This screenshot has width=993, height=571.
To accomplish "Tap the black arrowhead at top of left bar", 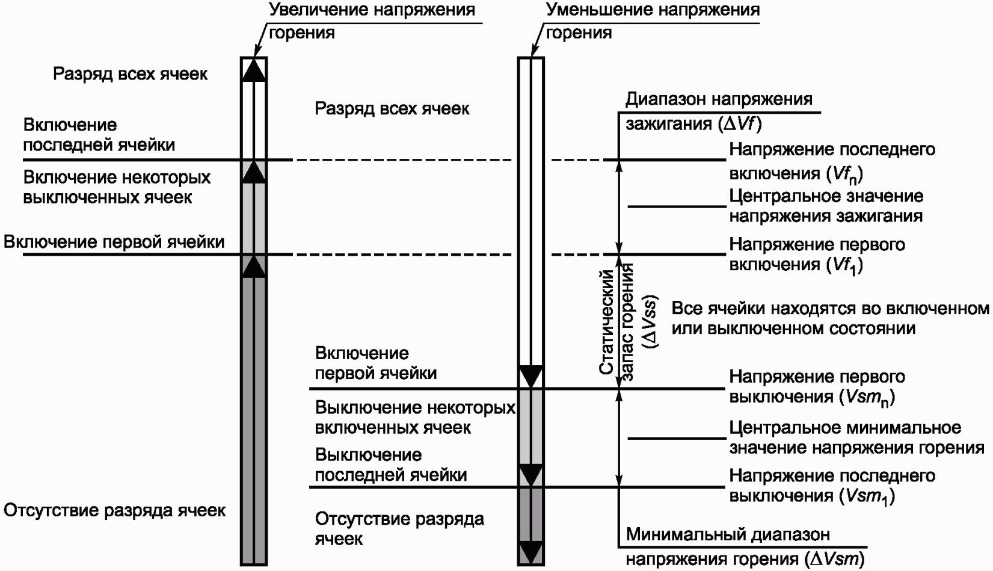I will pos(253,69).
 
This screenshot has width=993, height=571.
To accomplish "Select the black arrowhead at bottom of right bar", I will pos(530,552).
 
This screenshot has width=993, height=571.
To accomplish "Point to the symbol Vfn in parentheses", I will pos(841,174).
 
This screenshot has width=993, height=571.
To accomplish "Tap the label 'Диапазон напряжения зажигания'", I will pos(719,111).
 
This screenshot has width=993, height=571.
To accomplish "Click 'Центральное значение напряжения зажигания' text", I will pos(826,206).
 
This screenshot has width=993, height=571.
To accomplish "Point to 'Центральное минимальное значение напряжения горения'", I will pos(856,437).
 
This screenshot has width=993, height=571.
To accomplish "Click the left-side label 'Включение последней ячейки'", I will pos(99,135).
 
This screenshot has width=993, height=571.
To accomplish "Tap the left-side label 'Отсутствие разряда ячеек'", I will pos(114,511).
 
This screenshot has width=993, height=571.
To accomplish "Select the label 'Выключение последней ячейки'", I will pos(390,465).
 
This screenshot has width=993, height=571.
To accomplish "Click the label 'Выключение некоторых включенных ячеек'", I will pos(414,418).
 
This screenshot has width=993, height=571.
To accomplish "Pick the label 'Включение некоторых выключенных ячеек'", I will pos(117,187).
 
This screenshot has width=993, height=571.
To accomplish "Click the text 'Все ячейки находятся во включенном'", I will pos(829,309).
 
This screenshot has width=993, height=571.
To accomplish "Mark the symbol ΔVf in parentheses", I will pos(740,125).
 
